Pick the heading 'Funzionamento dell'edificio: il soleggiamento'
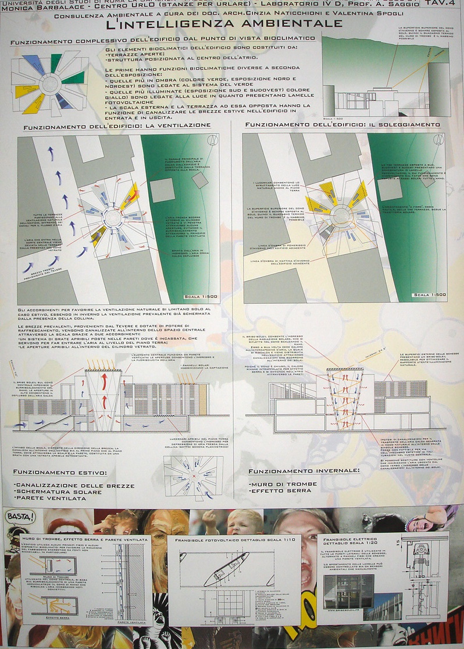pos(342,125)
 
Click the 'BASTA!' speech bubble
pos(20,517)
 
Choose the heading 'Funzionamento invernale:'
pos(303,470)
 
